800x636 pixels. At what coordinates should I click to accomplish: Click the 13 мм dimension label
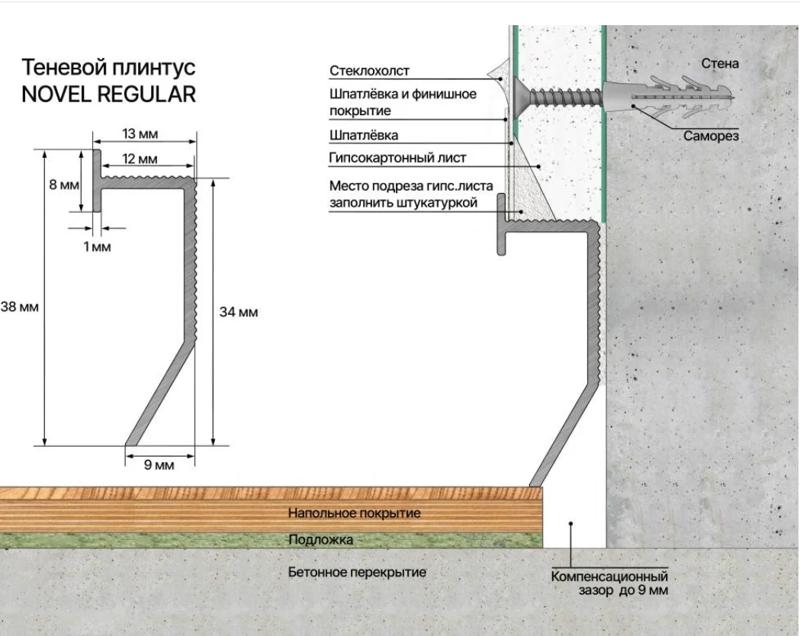coord(140,134)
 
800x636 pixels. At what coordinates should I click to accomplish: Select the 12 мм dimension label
coord(140,159)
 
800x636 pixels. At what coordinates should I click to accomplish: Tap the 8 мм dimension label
coord(64,185)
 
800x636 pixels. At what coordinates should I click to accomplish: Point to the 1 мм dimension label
coord(97,246)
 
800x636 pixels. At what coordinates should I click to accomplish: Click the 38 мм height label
coord(18,307)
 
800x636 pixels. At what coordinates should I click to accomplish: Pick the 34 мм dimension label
coord(239,312)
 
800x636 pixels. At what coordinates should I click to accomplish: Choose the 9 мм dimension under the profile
coord(159,464)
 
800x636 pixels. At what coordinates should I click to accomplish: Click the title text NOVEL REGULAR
coord(109,94)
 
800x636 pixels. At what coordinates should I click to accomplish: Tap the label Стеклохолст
coord(369,71)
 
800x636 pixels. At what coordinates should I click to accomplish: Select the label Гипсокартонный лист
coord(397,159)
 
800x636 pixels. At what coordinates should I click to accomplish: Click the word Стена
coord(719,63)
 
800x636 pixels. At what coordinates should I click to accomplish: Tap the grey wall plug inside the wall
coord(663,98)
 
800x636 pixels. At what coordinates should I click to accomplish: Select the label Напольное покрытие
coord(354,513)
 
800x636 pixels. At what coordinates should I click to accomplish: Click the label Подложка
coord(320,540)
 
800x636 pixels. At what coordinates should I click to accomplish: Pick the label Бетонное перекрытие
coord(357,571)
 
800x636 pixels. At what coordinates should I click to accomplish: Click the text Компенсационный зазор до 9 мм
coord(610,583)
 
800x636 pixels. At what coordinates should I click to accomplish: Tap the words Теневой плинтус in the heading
coord(109,67)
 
